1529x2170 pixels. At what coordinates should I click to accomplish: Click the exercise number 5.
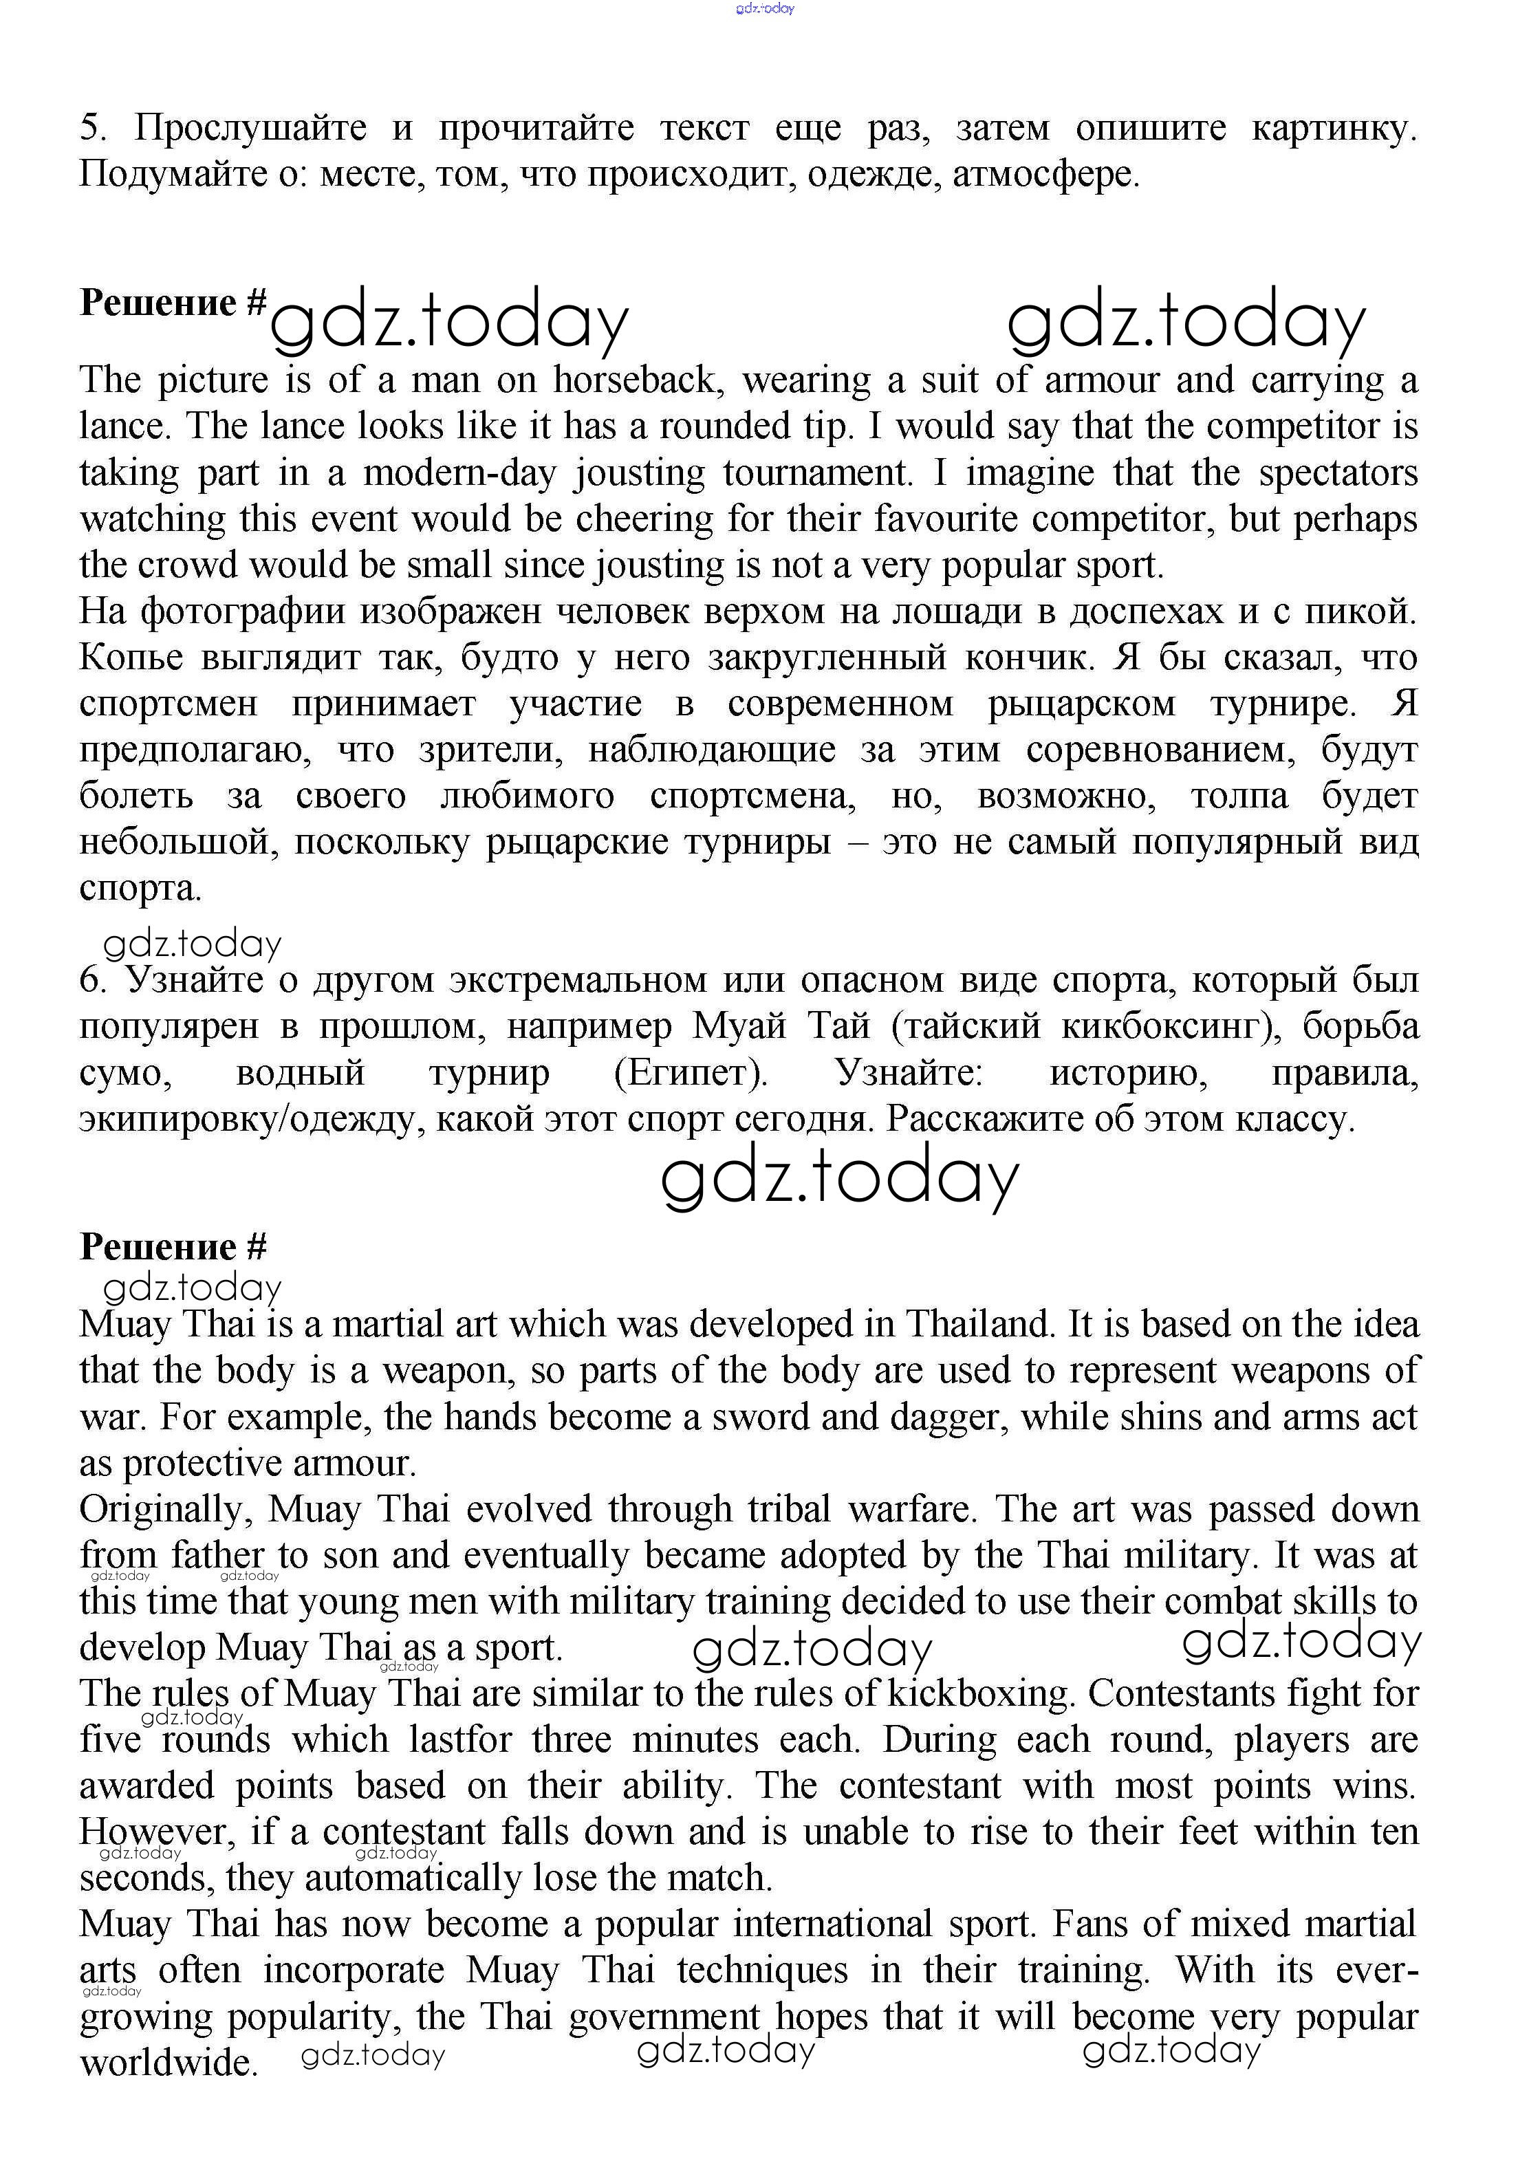pos(91,128)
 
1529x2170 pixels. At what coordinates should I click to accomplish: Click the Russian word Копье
pos(131,658)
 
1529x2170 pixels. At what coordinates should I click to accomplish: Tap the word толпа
pos(1239,796)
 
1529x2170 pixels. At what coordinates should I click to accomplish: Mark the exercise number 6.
pos(91,980)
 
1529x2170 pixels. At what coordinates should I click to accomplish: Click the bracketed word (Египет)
pos(691,1073)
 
